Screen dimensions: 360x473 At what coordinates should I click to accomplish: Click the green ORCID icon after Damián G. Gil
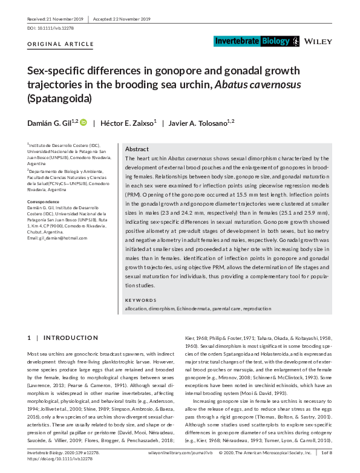83,122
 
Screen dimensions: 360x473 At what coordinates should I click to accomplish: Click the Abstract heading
137,149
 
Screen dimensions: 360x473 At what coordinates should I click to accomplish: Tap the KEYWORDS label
140,301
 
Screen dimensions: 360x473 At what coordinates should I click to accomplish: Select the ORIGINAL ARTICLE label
61,45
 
